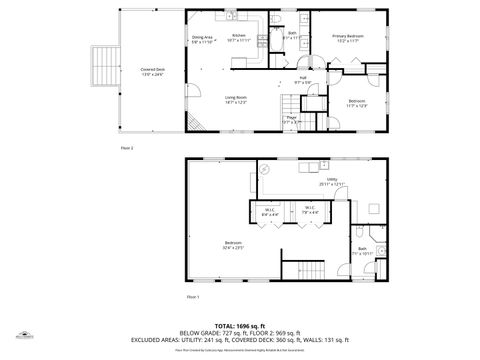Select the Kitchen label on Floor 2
click(x=239, y=38)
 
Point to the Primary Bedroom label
click(x=347, y=38)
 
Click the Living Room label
click(x=235, y=99)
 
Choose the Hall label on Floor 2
click(x=303, y=79)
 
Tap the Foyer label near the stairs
click(x=291, y=120)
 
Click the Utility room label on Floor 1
click(x=331, y=181)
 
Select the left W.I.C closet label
click(x=270, y=211)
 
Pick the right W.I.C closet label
click(x=310, y=211)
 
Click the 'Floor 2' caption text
click(x=126, y=147)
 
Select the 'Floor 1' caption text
click(x=193, y=297)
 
